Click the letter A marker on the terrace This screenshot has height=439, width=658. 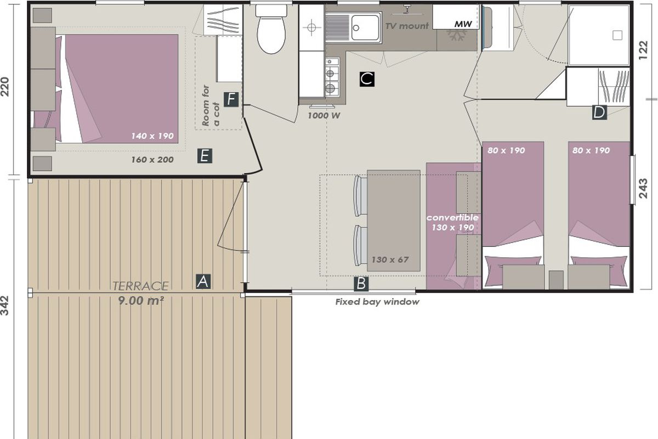[x=203, y=282]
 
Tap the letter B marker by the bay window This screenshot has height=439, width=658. [x=361, y=284]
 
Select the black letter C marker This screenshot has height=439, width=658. [x=367, y=79]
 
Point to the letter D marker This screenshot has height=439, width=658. [x=599, y=112]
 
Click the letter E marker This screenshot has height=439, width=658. [x=205, y=155]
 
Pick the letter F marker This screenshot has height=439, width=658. [x=231, y=99]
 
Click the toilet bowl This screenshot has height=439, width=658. [x=271, y=34]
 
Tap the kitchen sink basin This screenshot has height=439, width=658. [x=365, y=27]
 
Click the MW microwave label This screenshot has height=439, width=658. [x=463, y=24]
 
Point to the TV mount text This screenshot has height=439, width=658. [x=407, y=26]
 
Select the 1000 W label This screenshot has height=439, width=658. [x=324, y=116]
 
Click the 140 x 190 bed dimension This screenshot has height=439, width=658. [x=152, y=136]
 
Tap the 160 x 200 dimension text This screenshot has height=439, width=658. [x=152, y=160]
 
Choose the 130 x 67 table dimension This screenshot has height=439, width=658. [x=390, y=260]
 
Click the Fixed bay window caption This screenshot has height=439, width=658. [x=377, y=302]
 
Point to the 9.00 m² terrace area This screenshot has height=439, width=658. [x=141, y=301]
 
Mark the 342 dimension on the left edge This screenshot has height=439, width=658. [x=5, y=306]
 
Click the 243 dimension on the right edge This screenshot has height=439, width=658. [x=643, y=188]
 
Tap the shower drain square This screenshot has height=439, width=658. [x=617, y=35]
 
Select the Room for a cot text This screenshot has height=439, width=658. [x=211, y=106]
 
